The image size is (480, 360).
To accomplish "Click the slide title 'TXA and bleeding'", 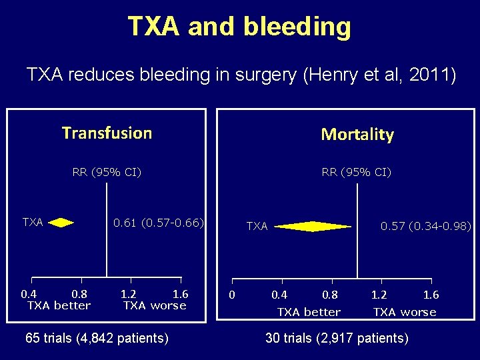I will pos(239,27).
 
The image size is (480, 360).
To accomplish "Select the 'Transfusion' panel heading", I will pos(107,133).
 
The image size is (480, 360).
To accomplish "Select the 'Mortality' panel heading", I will pos(357,135).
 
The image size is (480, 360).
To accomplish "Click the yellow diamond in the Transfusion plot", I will pos(61,223).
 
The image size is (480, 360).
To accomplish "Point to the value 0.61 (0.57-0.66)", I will pos(158,222).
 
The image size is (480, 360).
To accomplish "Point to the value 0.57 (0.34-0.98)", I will pos(425,227).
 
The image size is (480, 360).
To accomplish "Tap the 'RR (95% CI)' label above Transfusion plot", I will pos(107,173).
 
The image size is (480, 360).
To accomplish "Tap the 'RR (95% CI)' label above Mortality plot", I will pos(356,173).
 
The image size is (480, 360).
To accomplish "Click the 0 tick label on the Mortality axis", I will pos(231,295).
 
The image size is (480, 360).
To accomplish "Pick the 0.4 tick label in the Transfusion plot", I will pos(29,294).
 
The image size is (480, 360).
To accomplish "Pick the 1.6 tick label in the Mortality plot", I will pos(431,295).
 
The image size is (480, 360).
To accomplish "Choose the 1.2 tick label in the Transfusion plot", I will pos(129,294).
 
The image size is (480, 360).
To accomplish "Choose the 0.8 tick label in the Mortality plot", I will pos(330,295).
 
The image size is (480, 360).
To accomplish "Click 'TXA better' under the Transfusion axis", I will pos(59,306).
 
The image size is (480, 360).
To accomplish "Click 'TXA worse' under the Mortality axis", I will pos(405,312).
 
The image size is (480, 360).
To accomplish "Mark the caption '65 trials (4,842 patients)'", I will pos(97,338).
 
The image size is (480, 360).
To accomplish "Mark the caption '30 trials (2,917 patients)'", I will pos(337,338).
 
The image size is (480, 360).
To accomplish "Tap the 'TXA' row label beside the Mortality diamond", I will pos(257,227).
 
